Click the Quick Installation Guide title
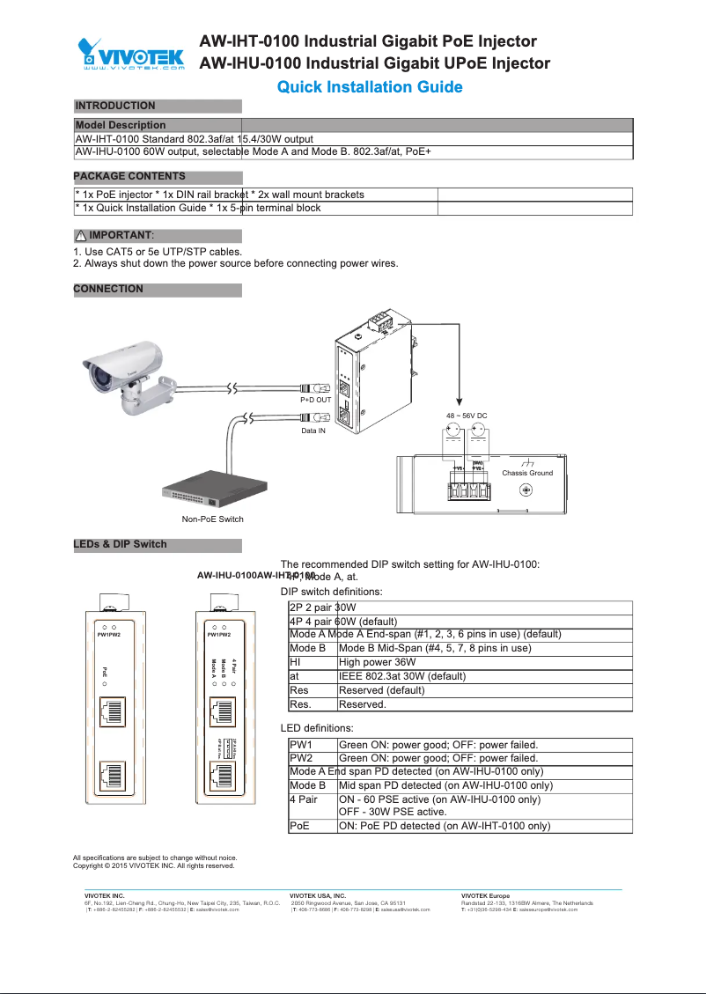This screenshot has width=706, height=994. (370, 86)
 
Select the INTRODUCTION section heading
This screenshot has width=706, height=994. (114, 106)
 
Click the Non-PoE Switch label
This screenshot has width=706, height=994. (212, 519)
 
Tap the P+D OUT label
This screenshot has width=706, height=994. (315, 400)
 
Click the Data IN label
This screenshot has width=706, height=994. (314, 431)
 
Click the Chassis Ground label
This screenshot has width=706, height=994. (527, 473)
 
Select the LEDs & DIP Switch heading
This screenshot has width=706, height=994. (120, 544)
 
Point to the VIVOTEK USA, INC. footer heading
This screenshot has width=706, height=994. (318, 895)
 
